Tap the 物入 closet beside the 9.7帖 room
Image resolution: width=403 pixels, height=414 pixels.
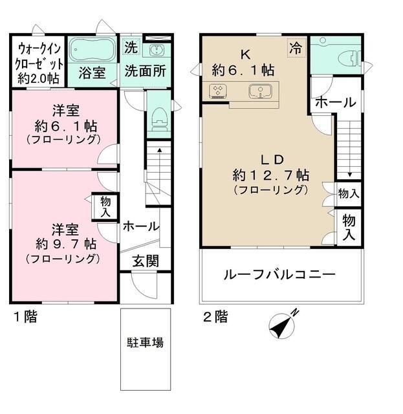pyautogui.click(x=105, y=208)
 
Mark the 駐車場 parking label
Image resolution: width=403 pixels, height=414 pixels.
pyautogui.click(x=145, y=342)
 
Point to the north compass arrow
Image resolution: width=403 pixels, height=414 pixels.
pyautogui.click(x=283, y=323)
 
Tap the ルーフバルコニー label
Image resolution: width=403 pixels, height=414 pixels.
pyautogui.click(x=279, y=274)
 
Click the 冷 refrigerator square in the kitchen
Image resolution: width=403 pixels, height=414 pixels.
pyautogui.click(x=296, y=47)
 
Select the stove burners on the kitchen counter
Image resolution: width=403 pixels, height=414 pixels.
pyautogui.click(x=217, y=92)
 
